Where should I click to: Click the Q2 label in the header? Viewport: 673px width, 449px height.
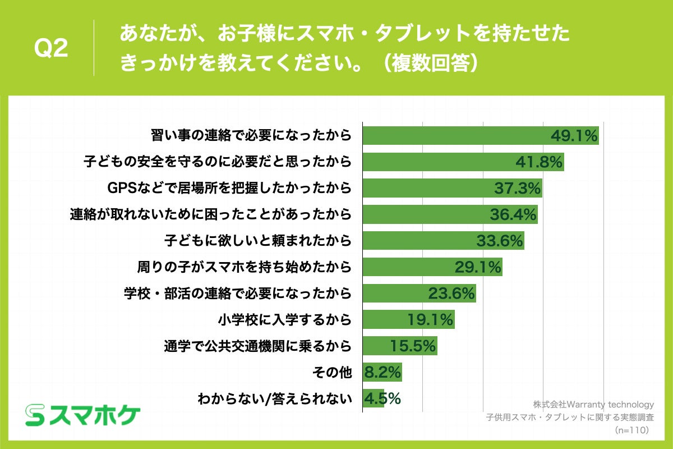tap(51, 49)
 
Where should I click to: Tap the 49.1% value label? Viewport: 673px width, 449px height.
tap(574, 136)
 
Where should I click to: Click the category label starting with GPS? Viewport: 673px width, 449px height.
tap(229, 188)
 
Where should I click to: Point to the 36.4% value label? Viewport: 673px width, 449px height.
tap(513, 214)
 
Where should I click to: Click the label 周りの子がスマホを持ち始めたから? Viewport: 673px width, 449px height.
tap(245, 267)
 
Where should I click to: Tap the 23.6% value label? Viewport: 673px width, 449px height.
tap(451, 293)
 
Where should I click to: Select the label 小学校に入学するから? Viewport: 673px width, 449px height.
tap(284, 320)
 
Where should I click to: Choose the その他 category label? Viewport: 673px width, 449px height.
tap(334, 372)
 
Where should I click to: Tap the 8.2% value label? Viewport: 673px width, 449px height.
tap(383, 372)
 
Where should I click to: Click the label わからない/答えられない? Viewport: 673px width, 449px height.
tap(275, 399)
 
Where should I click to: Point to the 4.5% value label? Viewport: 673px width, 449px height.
tap(383, 398)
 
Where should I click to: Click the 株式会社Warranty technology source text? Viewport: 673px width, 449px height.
tap(593, 404)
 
